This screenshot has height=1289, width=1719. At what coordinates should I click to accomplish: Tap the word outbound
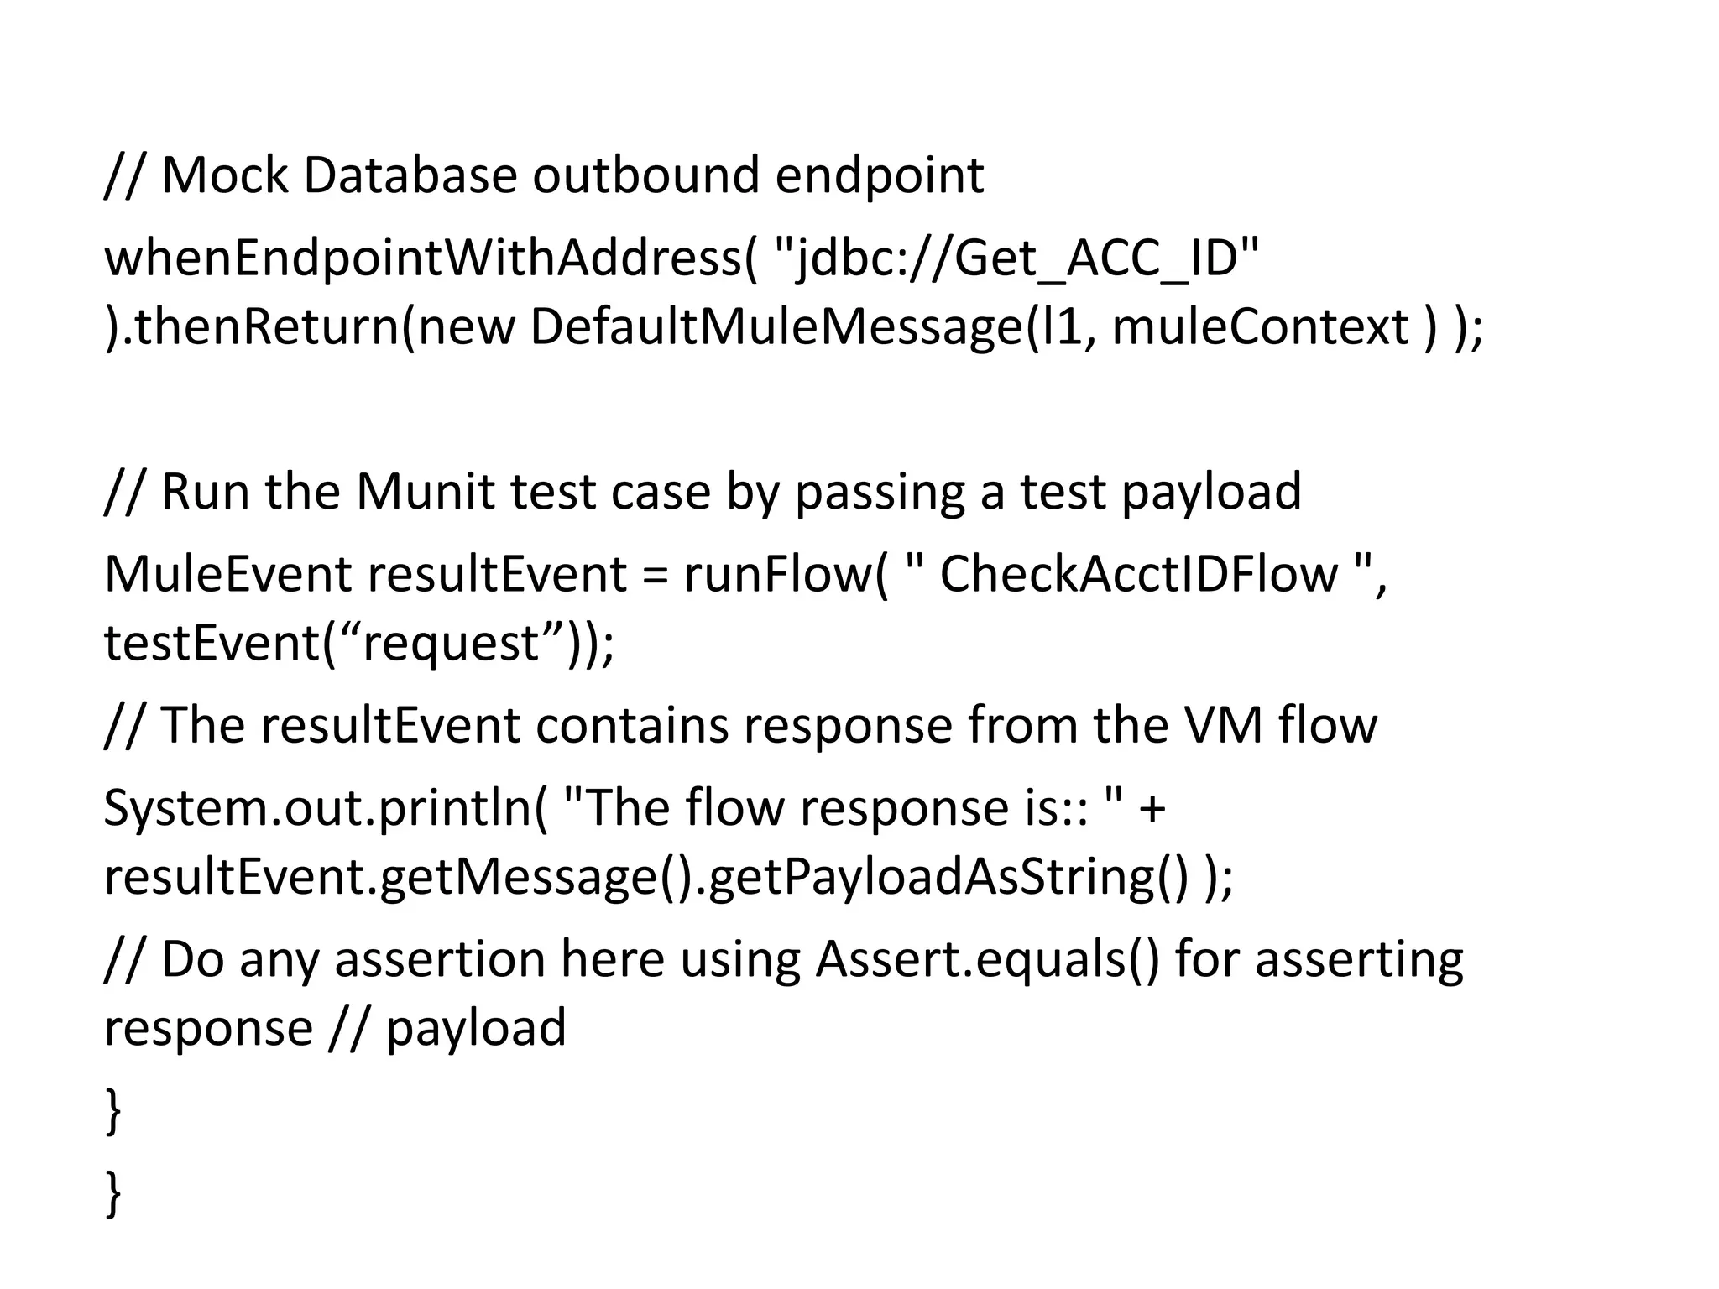(645, 175)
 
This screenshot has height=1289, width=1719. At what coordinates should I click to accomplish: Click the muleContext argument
(1260, 326)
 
